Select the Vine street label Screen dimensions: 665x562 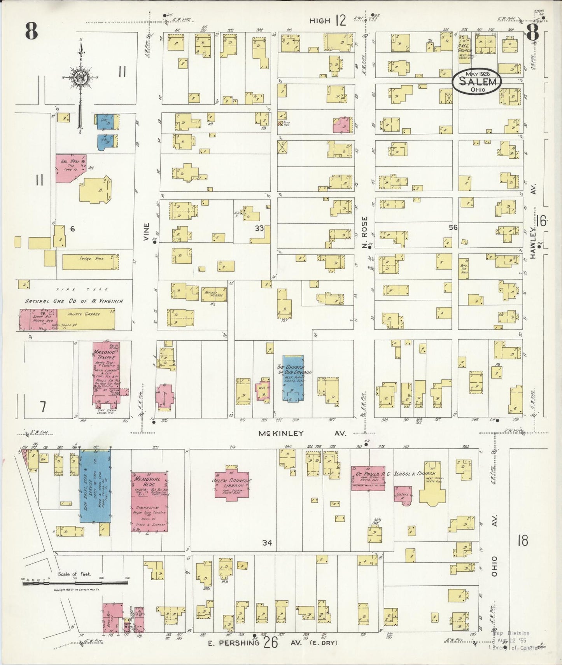pos(146,232)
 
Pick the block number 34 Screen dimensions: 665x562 pos(267,543)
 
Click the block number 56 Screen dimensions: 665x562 pos(453,227)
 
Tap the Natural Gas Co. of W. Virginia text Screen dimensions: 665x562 pos(74,301)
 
